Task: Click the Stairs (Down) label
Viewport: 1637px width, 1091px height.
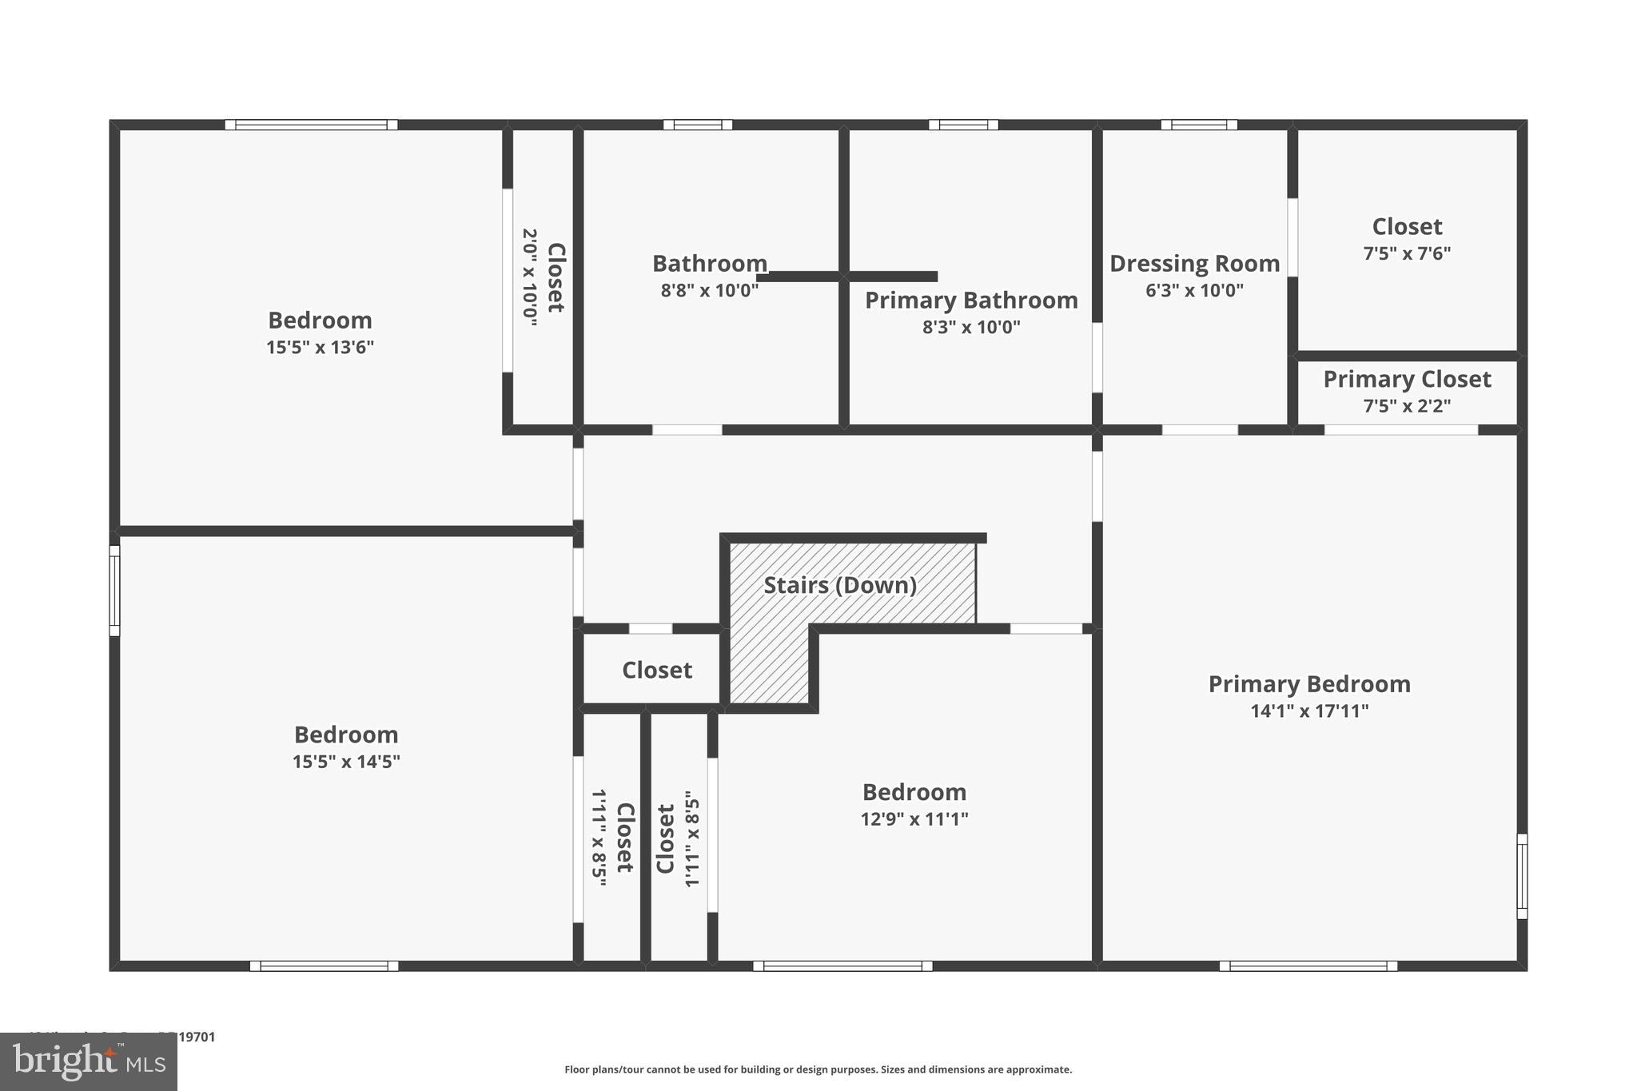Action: (839, 585)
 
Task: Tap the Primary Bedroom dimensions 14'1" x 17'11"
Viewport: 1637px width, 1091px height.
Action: (1309, 711)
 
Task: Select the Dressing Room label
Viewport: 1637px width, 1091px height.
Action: (1194, 263)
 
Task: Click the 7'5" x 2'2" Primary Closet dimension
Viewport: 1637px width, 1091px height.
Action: (1407, 405)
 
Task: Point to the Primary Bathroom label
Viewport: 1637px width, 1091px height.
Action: (971, 300)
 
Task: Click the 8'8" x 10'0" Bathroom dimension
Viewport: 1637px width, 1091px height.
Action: (709, 290)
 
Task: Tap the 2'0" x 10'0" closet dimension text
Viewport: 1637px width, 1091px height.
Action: (529, 277)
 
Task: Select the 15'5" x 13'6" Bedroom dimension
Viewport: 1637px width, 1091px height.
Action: (320, 347)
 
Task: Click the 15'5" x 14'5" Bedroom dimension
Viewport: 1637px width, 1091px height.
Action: (346, 761)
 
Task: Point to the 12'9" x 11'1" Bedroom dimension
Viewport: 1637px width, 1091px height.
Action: (914, 818)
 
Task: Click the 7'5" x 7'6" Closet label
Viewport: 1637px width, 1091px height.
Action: (1407, 226)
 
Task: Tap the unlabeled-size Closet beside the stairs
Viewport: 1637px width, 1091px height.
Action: (656, 670)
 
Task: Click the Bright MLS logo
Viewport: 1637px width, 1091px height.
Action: (88, 1061)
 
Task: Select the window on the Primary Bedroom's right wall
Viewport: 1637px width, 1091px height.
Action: (1522, 876)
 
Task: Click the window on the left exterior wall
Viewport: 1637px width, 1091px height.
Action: (114, 591)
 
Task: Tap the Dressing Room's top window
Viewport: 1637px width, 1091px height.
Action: (1198, 125)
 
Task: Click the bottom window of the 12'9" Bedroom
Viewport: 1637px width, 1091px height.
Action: (842, 966)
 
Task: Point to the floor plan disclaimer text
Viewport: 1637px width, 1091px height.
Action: (818, 1069)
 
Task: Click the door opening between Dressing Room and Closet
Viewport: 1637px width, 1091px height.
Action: (1292, 237)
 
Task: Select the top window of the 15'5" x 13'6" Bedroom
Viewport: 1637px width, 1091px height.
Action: (311, 125)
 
